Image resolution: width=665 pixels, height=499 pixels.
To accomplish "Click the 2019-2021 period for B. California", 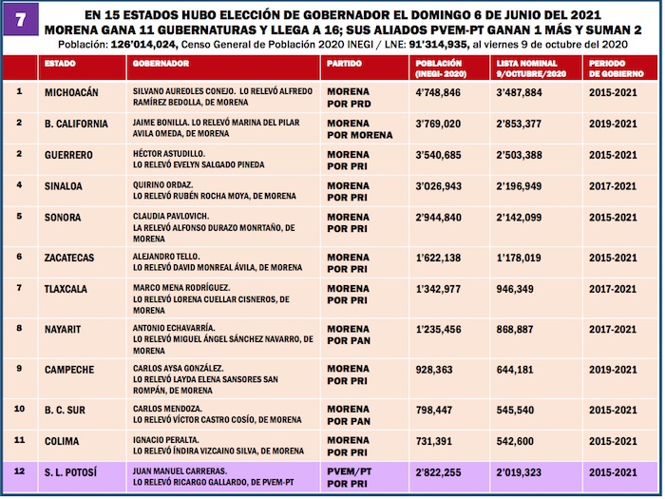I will tap(612, 124).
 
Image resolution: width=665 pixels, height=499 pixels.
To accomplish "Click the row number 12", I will tap(20, 471).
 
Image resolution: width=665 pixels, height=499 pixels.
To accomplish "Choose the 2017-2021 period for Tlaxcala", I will tap(612, 288).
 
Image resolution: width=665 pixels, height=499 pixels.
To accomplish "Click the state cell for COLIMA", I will tap(66, 441).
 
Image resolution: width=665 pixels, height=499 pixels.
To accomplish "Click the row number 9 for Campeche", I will tap(20, 368).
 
